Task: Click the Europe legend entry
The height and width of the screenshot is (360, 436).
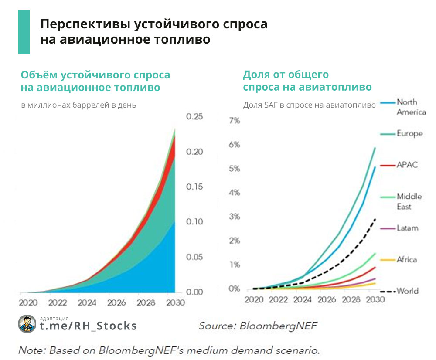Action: pyautogui.click(x=409, y=133)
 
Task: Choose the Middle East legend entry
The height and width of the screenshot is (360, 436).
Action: pyautogui.click(x=409, y=201)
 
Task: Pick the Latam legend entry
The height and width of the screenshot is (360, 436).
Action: pyautogui.click(x=407, y=228)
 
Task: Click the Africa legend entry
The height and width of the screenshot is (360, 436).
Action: pyautogui.click(x=406, y=259)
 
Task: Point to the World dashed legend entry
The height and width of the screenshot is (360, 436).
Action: pyautogui.click(x=407, y=291)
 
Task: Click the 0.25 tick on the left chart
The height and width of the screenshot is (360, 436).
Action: pyautogui.click(x=194, y=116)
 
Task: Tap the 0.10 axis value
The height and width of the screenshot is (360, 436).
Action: pyautogui.click(x=194, y=221)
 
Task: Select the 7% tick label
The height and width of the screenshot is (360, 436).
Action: pyautogui.click(x=235, y=120)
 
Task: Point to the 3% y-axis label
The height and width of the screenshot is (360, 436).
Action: pyautogui.click(x=235, y=217)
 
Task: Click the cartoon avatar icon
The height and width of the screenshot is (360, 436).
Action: pyautogui.click(x=27, y=324)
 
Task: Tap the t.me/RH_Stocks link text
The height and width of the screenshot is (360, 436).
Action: pyautogui.click(x=88, y=326)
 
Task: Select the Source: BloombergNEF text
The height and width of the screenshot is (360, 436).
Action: pyautogui.click(x=258, y=326)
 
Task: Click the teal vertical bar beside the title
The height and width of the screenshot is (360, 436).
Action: pyautogui.click(x=24, y=32)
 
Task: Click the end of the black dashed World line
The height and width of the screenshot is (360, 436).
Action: pyautogui.click(x=375, y=219)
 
